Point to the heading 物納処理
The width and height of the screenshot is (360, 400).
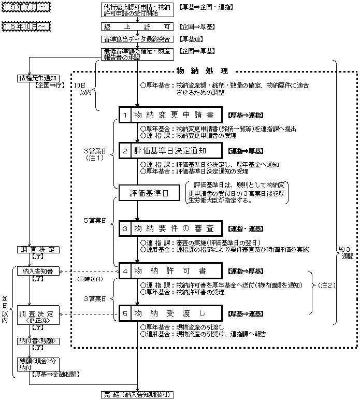(201, 71)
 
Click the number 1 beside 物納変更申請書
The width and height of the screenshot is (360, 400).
(125, 115)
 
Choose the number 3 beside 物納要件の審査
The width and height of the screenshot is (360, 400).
(125, 228)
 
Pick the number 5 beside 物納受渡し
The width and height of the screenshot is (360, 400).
(125, 313)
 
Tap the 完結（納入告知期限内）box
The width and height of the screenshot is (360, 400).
(137, 394)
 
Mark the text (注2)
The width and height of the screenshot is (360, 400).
(327, 285)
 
